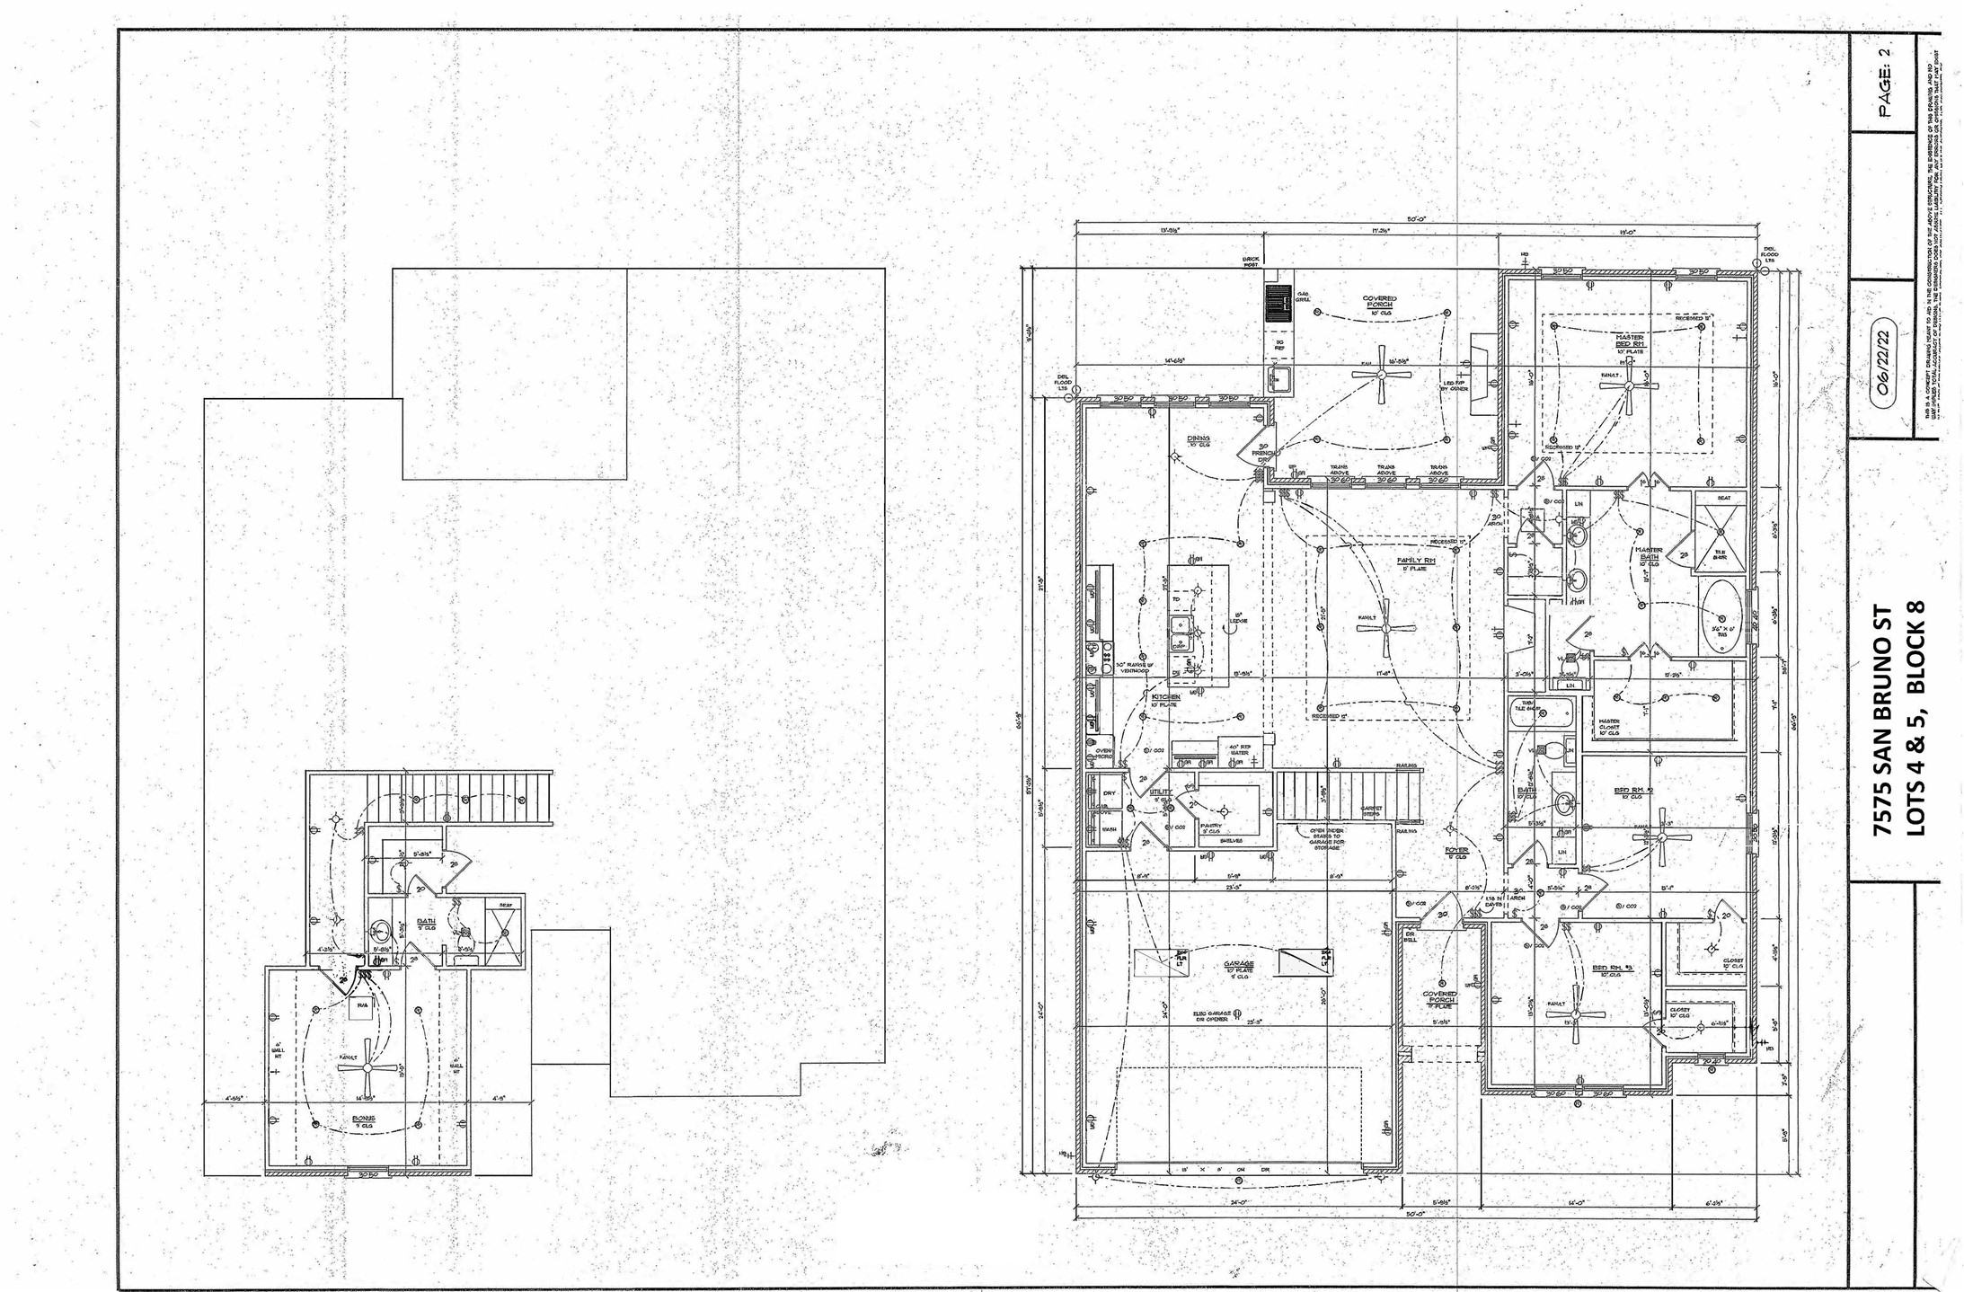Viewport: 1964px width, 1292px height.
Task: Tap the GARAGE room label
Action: [x=1239, y=964]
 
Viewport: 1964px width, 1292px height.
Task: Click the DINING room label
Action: [x=1199, y=439]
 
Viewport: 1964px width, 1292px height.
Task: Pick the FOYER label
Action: [x=1456, y=850]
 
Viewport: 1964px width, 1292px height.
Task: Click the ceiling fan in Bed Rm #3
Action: [x=1577, y=1015]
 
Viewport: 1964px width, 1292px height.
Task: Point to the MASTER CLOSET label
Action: [x=1608, y=725]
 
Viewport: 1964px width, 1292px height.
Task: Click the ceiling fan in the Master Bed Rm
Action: [x=1628, y=385]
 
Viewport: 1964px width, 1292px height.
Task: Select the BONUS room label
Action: [x=363, y=1119]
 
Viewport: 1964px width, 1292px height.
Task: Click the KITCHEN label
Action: [x=1166, y=697]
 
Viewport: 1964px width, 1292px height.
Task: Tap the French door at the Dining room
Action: [x=1252, y=449]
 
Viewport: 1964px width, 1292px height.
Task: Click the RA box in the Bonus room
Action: [x=362, y=1006]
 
